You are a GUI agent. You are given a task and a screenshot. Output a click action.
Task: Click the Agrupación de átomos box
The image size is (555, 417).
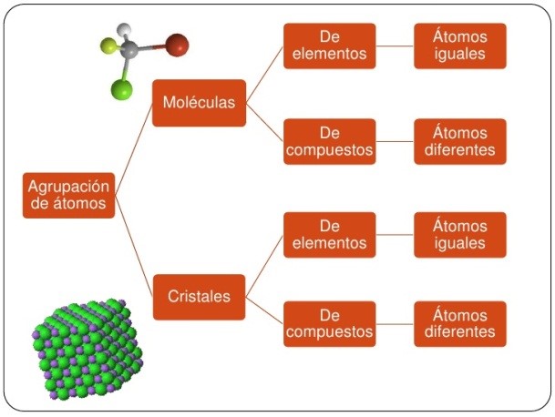pos(69,194)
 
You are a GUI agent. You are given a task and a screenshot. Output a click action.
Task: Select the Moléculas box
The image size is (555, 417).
pos(199,102)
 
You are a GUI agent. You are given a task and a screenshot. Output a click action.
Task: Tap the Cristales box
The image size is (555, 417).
pos(199,296)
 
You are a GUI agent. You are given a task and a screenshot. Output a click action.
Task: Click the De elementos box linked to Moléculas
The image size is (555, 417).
pos(329,46)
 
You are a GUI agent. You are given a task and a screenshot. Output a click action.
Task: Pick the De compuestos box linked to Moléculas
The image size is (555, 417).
pos(329,141)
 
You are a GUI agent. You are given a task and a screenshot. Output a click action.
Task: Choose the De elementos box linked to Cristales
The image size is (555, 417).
pos(329,235)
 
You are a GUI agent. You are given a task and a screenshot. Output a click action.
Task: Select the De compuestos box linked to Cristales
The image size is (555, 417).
pos(329,323)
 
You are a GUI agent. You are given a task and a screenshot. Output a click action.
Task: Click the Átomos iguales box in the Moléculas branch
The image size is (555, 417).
pos(459,46)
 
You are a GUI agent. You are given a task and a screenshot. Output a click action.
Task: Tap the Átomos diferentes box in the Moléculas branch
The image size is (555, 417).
pos(459,141)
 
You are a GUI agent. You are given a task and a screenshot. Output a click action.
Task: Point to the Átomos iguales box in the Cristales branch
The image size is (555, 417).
pos(459,235)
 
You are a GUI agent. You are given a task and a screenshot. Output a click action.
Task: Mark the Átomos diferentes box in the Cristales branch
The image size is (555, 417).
pos(459,323)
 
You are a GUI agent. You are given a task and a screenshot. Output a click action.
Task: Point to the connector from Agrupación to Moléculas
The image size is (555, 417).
pos(135,137)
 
